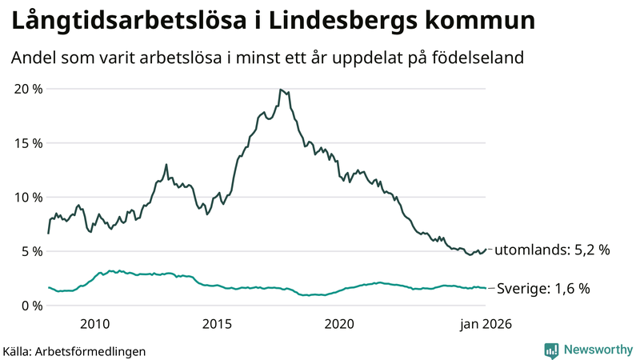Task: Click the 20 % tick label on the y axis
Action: pyautogui.click(x=28, y=89)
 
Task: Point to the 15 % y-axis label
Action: pyautogui.click(x=28, y=143)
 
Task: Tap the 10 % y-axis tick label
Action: pyautogui.click(x=28, y=198)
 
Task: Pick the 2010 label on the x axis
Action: pyautogui.click(x=94, y=324)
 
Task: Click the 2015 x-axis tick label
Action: pyautogui.click(x=217, y=324)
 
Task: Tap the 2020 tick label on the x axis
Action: pyautogui.click(x=339, y=324)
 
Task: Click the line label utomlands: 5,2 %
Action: pyautogui.click(x=552, y=250)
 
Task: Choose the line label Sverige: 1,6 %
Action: pyautogui.click(x=544, y=289)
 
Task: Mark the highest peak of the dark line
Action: pyautogui.click(x=280, y=90)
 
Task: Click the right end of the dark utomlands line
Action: pyautogui.click(x=486, y=250)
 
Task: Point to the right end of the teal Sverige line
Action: pyautogui.click(x=486, y=288)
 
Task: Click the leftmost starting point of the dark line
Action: pyautogui.click(x=48, y=233)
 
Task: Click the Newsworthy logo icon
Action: pyautogui.click(x=551, y=350)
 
